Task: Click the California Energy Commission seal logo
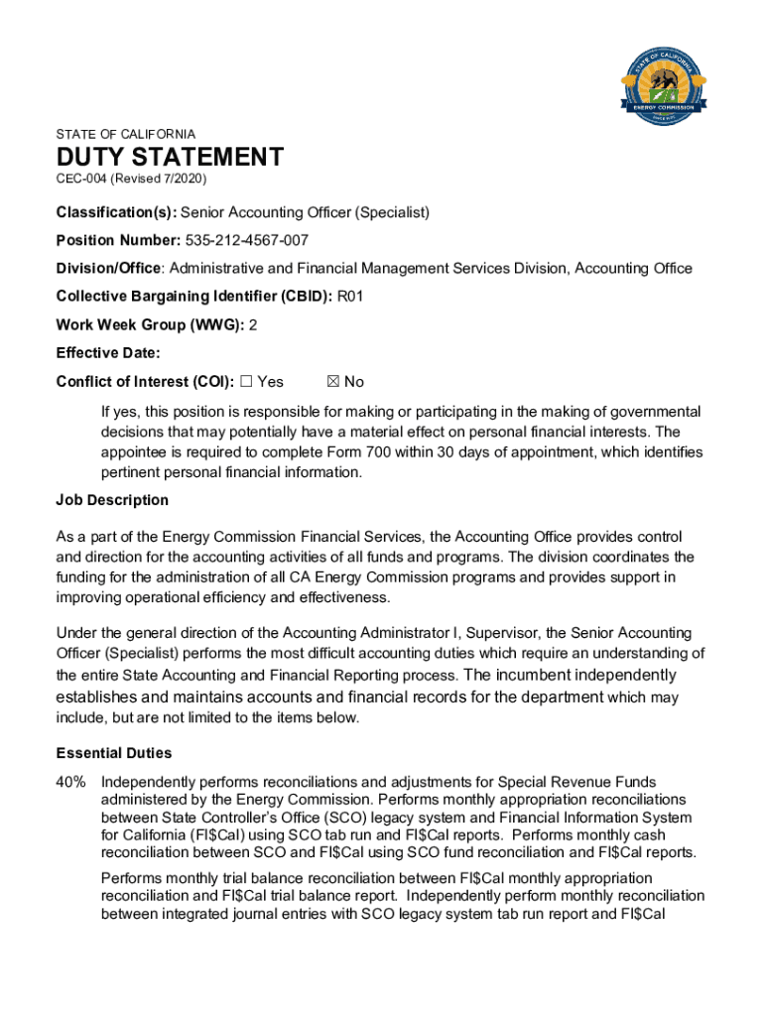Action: coord(664,83)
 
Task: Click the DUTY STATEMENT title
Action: coord(170,157)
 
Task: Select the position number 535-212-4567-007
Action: coord(247,240)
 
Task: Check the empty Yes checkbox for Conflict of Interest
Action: coord(247,382)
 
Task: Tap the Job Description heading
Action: coord(112,500)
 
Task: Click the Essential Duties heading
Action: coord(114,753)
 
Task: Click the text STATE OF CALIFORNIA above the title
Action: coord(126,134)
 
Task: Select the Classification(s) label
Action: coord(116,212)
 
